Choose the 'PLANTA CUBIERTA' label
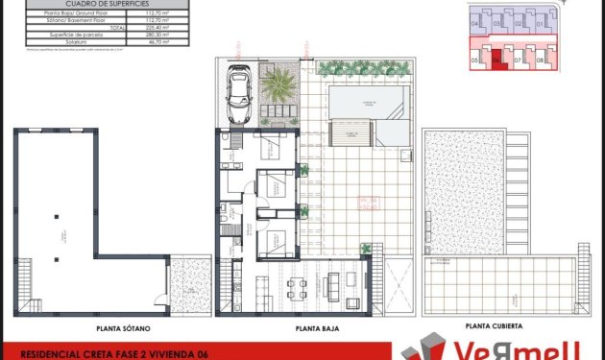click(x=493, y=326)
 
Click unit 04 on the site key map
click(x=475, y=22)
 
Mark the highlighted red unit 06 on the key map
click(x=496, y=60)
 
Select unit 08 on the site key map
click(x=541, y=60)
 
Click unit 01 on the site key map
click(x=541, y=22)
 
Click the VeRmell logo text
click(x=538, y=348)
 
